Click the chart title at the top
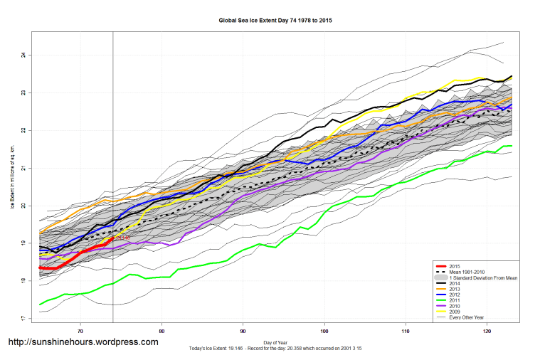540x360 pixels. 275,21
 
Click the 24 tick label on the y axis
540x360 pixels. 23,55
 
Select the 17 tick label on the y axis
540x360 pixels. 23,319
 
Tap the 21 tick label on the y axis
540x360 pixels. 23,168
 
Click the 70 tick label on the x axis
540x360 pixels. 80,331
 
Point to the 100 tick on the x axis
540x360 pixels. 325,331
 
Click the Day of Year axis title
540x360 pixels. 275,343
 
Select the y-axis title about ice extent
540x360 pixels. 11,179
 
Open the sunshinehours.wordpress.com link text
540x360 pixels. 83,342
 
